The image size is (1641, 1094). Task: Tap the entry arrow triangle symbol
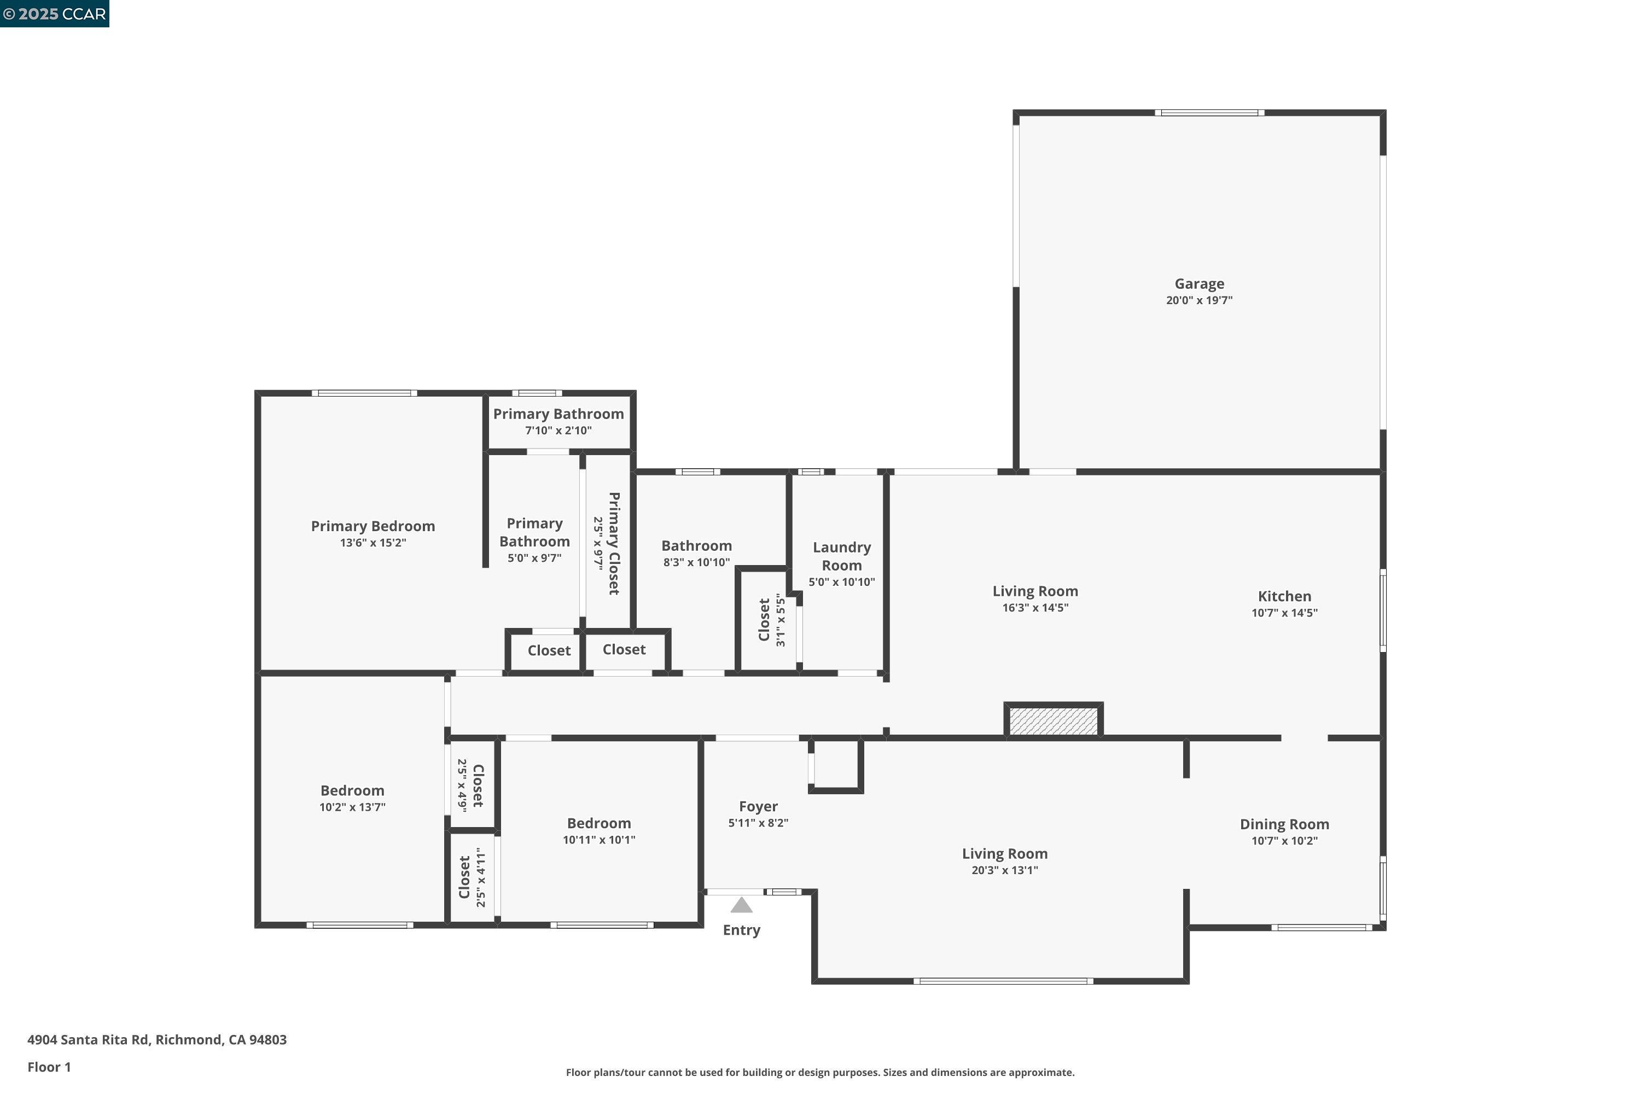point(741,906)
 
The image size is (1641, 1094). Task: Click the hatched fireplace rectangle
point(1054,721)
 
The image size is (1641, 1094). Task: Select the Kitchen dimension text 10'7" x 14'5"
point(1284,613)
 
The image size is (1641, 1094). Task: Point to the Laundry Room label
point(841,556)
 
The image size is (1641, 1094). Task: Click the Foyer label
point(758,806)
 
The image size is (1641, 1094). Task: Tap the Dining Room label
point(1284,824)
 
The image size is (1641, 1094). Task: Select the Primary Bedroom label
point(373,526)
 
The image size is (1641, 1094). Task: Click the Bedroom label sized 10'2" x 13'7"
point(352,790)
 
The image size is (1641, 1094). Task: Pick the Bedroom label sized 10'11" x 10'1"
point(598,823)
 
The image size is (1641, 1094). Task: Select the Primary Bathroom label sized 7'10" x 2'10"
point(558,414)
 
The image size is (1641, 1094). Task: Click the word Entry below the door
point(741,930)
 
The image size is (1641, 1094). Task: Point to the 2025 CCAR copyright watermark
point(54,14)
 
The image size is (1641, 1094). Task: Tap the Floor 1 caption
point(49,1067)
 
